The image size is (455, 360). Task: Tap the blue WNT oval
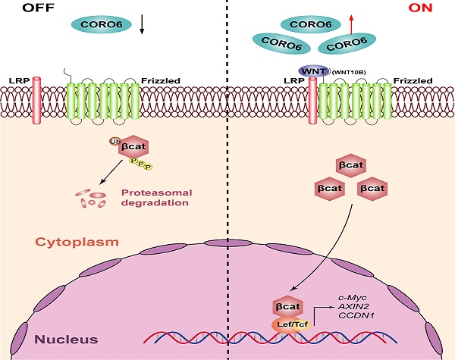pos(313,70)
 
